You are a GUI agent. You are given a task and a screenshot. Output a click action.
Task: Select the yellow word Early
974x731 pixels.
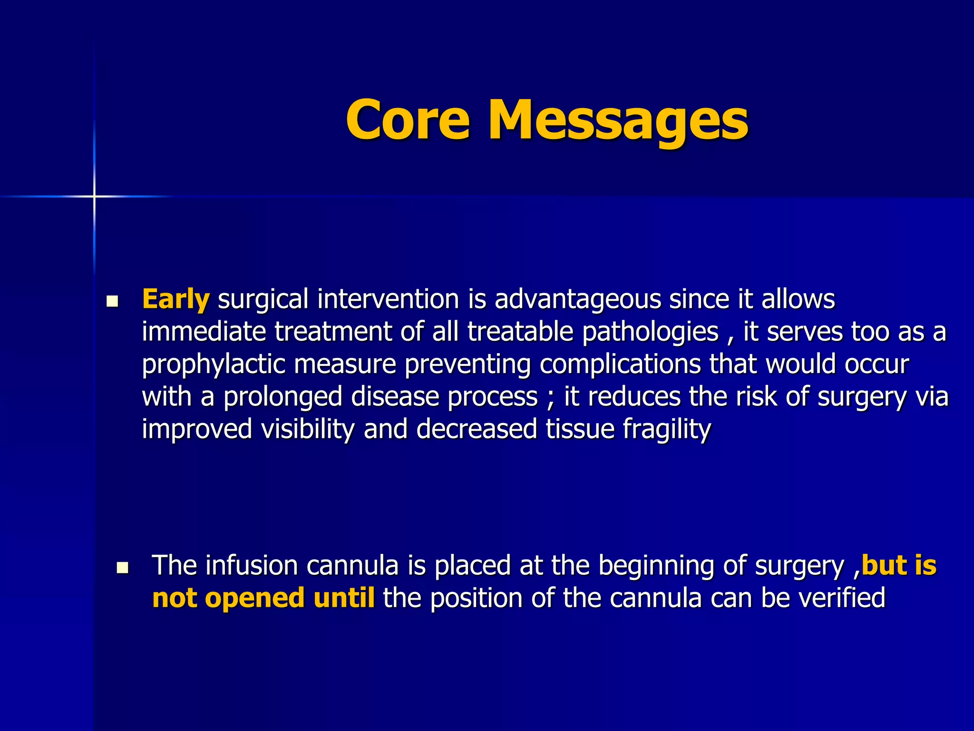[x=175, y=299]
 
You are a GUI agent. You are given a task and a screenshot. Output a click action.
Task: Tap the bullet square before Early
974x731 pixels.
[x=112, y=301]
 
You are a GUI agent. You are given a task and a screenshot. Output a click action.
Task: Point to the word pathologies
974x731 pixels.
[x=650, y=332]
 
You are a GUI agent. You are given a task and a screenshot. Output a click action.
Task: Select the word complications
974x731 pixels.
[x=620, y=365]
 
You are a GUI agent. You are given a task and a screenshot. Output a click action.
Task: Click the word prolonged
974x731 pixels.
[x=282, y=397]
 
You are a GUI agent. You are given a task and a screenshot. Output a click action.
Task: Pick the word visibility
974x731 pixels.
[x=308, y=429]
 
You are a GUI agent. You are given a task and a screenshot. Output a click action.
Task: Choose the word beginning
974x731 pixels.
[x=656, y=566]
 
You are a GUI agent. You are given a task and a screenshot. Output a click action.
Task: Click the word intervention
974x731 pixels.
[x=388, y=299]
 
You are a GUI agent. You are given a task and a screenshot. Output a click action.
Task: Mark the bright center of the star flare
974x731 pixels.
[x=94, y=196]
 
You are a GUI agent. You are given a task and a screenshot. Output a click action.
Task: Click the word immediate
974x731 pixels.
[x=204, y=332]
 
